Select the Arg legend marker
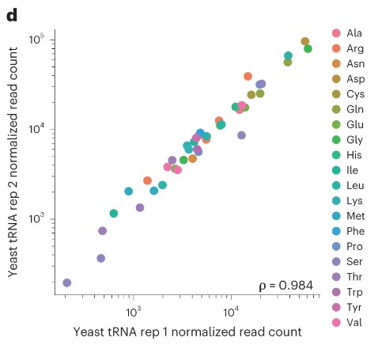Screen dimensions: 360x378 (x=335, y=48)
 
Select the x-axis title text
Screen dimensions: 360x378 (x=187, y=332)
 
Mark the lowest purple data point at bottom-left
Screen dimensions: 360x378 (x=66, y=282)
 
